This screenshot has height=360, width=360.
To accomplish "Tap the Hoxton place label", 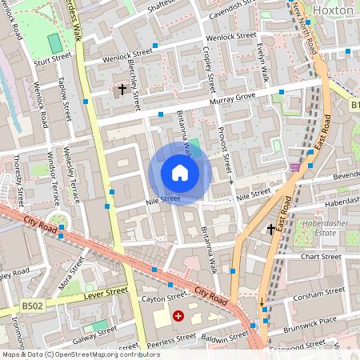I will click(333, 10).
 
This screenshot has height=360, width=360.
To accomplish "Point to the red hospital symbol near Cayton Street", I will click(178, 317).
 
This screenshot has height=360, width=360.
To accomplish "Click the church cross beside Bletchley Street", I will click(122, 89).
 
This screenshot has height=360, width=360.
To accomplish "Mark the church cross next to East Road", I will click(270, 230).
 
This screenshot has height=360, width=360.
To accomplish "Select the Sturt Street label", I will click(52, 58).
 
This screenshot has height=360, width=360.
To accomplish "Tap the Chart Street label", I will click(321, 257).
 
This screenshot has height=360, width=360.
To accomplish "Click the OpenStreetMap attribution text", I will click(80, 354).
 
